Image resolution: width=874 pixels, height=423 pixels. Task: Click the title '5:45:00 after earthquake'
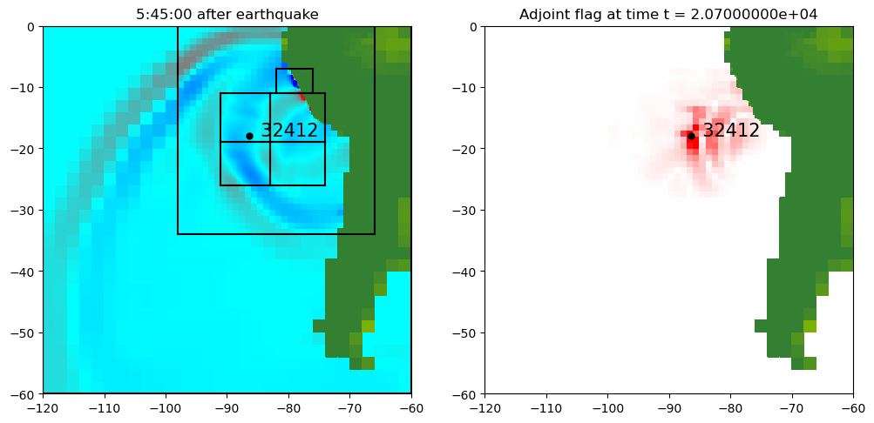point(227,14)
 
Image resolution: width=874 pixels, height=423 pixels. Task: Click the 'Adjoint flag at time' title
point(668,14)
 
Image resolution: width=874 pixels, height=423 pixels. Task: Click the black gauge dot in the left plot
point(249,136)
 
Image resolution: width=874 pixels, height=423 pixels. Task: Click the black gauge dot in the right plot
point(691,136)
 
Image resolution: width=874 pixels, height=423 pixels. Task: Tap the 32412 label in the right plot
point(731,131)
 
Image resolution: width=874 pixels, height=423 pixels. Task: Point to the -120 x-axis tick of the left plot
point(42,407)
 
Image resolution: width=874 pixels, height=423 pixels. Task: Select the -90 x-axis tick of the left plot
point(227,407)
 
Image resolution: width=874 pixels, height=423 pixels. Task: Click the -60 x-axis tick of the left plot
point(411,407)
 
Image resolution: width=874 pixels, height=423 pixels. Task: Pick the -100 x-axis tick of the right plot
point(607,407)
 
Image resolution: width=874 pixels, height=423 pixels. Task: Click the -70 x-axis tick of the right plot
point(792,407)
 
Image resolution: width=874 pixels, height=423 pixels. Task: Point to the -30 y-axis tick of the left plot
point(24,210)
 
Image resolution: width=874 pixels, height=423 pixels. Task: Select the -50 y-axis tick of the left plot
point(24,332)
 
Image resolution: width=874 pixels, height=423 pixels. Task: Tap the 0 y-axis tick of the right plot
point(473,26)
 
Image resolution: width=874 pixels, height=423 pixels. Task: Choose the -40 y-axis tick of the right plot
point(465,272)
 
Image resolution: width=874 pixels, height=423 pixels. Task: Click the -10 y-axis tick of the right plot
point(465,87)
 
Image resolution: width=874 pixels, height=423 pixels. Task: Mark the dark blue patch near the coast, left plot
point(295,82)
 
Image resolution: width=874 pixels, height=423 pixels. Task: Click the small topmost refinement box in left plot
point(295,80)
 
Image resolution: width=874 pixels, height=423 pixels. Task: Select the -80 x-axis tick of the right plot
point(730,407)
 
